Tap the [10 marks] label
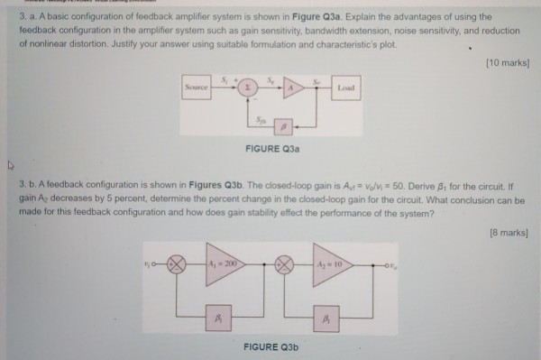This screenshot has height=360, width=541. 506,62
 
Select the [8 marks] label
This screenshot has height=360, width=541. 508,232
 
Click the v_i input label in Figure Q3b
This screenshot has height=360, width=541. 153,263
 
